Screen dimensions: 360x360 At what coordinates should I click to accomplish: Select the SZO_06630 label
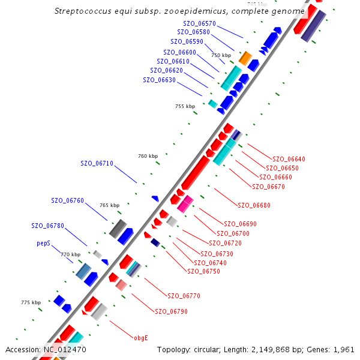tap(159, 80)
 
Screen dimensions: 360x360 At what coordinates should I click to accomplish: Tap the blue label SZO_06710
tap(97, 163)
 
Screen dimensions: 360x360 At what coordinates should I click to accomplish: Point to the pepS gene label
tap(44, 244)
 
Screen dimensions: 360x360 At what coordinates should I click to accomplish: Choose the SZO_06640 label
tap(289, 159)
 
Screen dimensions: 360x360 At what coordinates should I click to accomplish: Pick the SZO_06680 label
tap(254, 205)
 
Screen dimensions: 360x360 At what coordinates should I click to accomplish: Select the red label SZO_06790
tap(172, 311)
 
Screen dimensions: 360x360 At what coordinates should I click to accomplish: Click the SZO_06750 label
tap(204, 271)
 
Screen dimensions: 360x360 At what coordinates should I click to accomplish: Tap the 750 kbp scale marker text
tap(221, 55)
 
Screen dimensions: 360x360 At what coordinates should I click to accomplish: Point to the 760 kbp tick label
tap(148, 156)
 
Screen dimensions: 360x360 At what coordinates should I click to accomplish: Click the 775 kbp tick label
tap(31, 302)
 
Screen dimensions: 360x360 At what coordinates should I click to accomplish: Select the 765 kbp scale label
tap(109, 205)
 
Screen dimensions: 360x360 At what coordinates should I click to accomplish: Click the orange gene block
tap(245, 58)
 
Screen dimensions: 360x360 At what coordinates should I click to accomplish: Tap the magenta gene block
tap(185, 204)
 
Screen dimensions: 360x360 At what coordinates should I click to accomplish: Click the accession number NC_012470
tap(65, 349)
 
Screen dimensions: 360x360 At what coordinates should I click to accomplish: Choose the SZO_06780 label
tap(48, 226)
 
